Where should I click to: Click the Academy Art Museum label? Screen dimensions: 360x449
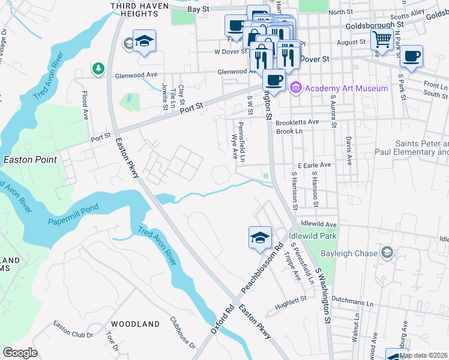(x=346, y=88)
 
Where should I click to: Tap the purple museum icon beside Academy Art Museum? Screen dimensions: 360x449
(x=295, y=88)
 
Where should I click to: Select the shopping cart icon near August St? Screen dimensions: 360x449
(x=382, y=40)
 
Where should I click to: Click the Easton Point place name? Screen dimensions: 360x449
(x=30, y=160)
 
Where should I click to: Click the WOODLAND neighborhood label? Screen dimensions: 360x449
(x=135, y=324)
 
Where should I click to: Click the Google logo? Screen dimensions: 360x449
(x=20, y=353)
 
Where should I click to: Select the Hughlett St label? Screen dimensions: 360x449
(x=291, y=305)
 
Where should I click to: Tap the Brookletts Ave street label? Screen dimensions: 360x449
(x=297, y=122)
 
